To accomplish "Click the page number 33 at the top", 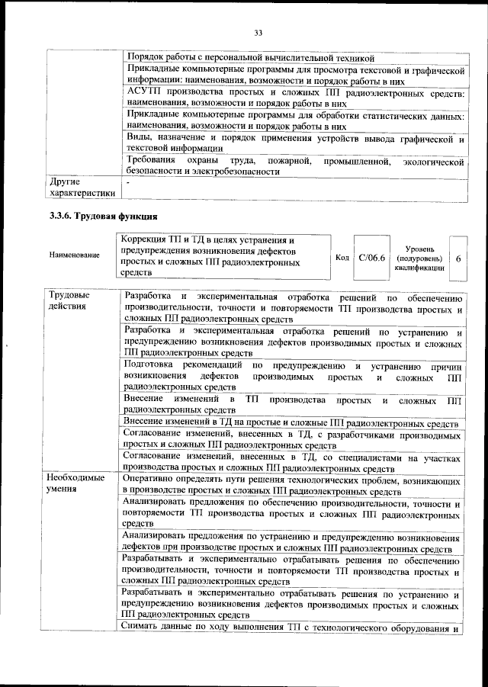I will pos(257,31).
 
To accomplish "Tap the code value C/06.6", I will pos(371,258).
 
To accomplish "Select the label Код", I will pos(342,258).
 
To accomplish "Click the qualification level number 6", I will pos(458,258).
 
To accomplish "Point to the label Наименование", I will pos(73,254).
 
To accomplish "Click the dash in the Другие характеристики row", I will pos(127,183).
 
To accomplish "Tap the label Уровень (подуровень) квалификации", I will pos(420,258).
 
